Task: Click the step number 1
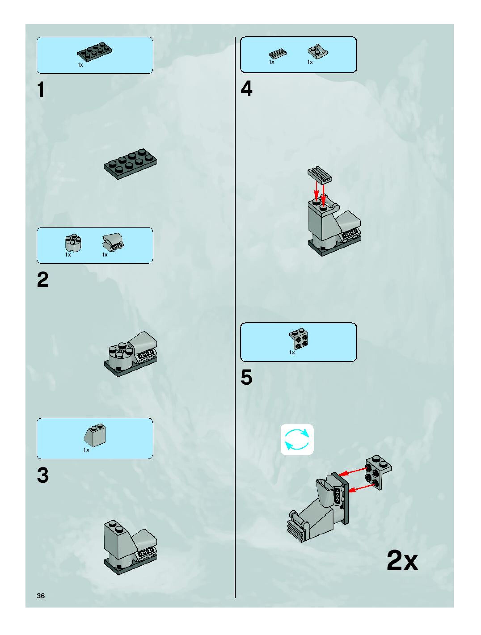[41, 90]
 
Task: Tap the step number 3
[43, 475]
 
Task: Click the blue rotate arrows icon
[297, 439]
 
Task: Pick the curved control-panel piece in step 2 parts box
[113, 242]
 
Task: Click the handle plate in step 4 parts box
[317, 52]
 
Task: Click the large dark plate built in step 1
[131, 164]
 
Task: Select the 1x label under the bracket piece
[292, 353]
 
